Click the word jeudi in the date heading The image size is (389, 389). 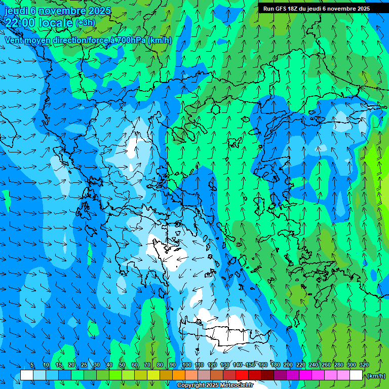17,11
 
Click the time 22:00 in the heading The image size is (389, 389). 20,23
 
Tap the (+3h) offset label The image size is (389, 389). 85,23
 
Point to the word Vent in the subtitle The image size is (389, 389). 15,40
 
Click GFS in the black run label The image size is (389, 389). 282,9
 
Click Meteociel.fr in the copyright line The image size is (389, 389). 236,385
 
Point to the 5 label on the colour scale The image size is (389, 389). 32,365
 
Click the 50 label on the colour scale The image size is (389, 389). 122,365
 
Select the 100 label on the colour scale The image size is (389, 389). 186,365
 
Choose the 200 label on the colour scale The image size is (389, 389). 288,365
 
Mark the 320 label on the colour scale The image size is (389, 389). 364,365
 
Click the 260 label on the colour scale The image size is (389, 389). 326,365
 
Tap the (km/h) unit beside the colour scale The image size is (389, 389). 376,376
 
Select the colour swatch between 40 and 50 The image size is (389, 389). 115,375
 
